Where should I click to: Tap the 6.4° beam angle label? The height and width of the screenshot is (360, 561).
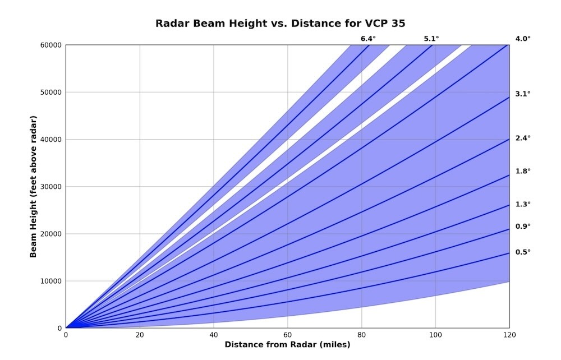pyautogui.click(x=368, y=39)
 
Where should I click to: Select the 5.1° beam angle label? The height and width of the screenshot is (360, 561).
pyautogui.click(x=431, y=39)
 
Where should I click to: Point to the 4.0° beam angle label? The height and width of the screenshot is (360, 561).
pyautogui.click(x=523, y=39)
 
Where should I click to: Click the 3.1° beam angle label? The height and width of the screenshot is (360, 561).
pyautogui.click(x=523, y=94)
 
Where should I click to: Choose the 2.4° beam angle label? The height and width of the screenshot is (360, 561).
pyautogui.click(x=523, y=138)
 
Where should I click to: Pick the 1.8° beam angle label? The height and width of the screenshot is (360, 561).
pyautogui.click(x=523, y=171)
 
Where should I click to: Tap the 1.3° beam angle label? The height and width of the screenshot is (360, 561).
pyautogui.click(x=523, y=204)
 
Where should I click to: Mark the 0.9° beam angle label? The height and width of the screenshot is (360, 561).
pyautogui.click(x=523, y=226)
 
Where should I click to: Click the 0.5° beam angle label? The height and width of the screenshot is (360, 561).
pyautogui.click(x=523, y=252)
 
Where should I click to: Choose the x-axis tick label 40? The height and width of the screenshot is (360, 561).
pyautogui.click(x=214, y=335)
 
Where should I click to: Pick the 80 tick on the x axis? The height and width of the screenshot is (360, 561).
pyautogui.click(x=362, y=335)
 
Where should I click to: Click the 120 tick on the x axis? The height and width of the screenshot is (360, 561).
pyautogui.click(x=509, y=335)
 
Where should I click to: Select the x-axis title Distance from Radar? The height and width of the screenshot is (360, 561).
pyautogui.click(x=288, y=344)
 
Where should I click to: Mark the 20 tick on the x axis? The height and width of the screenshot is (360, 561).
pyautogui.click(x=140, y=335)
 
